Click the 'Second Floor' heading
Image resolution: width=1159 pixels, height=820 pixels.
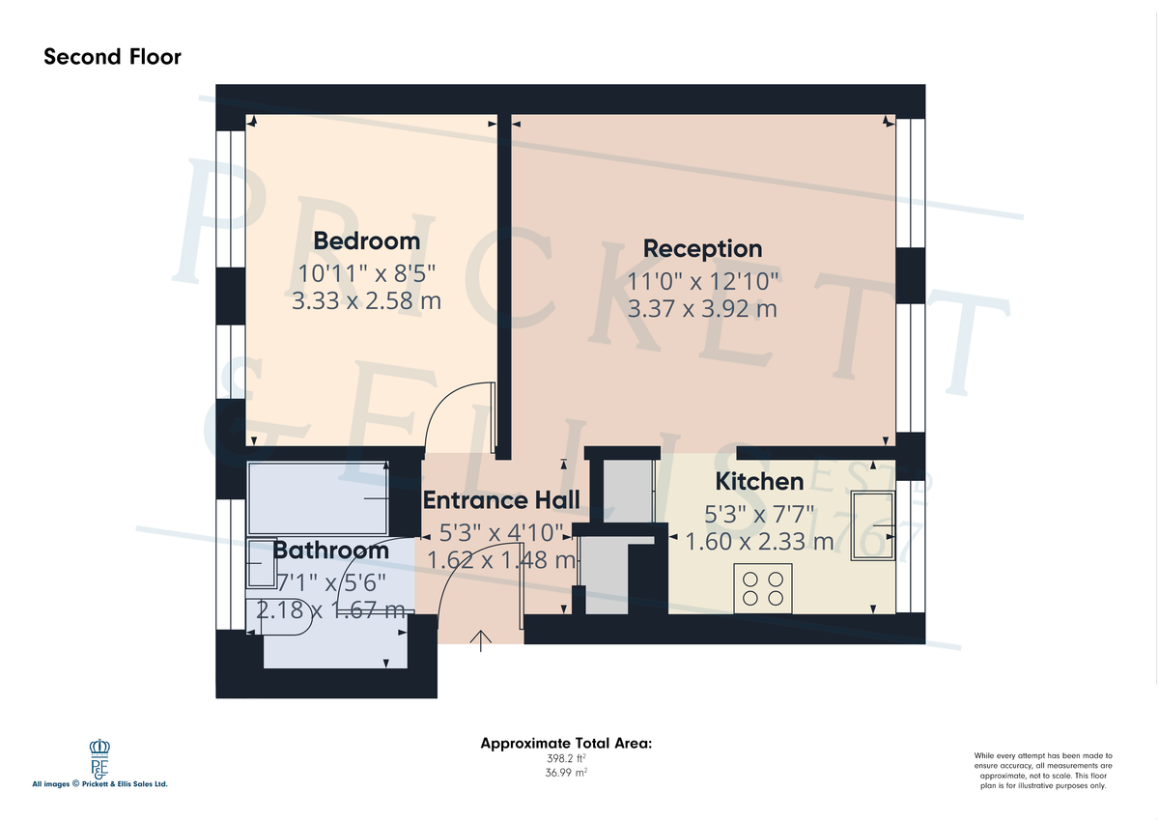click(112, 57)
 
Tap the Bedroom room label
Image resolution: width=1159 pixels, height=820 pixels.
click(366, 240)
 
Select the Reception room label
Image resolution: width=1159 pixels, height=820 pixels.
click(702, 248)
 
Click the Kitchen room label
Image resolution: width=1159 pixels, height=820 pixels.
click(758, 481)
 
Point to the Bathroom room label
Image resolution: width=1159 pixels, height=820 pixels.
click(330, 551)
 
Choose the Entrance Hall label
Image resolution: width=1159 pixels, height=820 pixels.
click(501, 499)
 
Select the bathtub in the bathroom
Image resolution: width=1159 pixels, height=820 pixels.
click(319, 498)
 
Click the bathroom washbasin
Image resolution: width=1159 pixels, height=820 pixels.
click(262, 563)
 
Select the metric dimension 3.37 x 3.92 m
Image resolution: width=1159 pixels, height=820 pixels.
click(702, 309)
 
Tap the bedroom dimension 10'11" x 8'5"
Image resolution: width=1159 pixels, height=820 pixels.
click(366, 272)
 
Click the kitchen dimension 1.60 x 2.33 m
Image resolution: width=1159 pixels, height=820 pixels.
click(758, 542)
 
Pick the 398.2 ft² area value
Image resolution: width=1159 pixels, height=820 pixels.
click(566, 759)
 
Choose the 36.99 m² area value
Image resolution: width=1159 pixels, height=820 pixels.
click(566, 774)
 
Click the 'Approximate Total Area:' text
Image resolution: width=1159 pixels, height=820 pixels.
click(566, 744)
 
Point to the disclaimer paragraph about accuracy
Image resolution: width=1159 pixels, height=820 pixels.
click(1042, 771)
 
